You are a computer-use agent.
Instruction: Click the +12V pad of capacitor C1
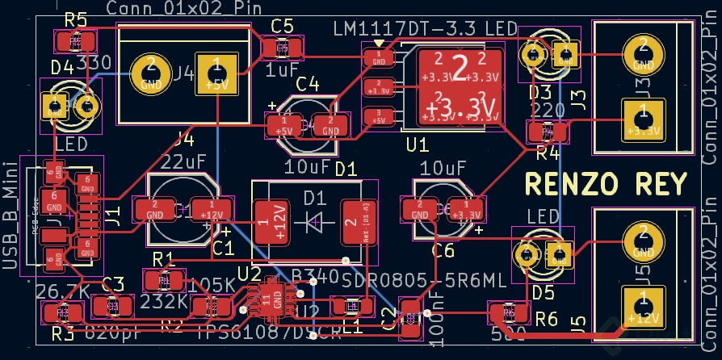point(207,210)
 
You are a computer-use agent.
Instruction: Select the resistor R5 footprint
point(76,40)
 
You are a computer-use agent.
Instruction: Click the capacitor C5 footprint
point(283,48)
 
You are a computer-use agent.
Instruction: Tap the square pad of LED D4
point(55,105)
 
